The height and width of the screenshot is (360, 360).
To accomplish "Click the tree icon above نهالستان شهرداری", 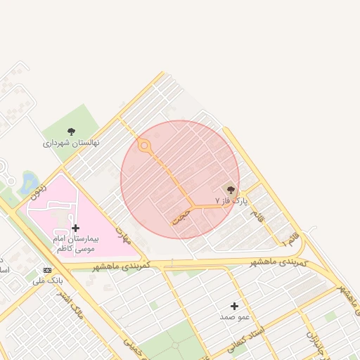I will pyautogui.click(x=71, y=131).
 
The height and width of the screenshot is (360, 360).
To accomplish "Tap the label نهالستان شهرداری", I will pyautogui.click(x=71, y=143).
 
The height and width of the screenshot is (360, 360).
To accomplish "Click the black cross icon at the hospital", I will pyautogui.click(x=75, y=228).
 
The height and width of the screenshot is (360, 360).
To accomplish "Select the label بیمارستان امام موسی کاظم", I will pyautogui.click(x=75, y=244).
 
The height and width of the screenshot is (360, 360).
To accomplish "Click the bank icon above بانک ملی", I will pyautogui.click(x=47, y=270).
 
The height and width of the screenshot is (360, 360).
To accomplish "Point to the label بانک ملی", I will pyautogui.click(x=47, y=281).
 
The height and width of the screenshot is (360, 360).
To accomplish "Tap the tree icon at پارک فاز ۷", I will pyautogui.click(x=231, y=189).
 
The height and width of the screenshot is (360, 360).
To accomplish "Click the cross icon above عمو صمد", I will pyautogui.click(x=234, y=306).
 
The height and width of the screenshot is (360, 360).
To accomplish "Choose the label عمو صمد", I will pyautogui.click(x=234, y=317).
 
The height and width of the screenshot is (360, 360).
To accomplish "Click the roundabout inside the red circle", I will pyautogui.click(x=144, y=146).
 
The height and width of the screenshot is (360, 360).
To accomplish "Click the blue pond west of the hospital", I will pyautogui.click(x=30, y=182).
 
